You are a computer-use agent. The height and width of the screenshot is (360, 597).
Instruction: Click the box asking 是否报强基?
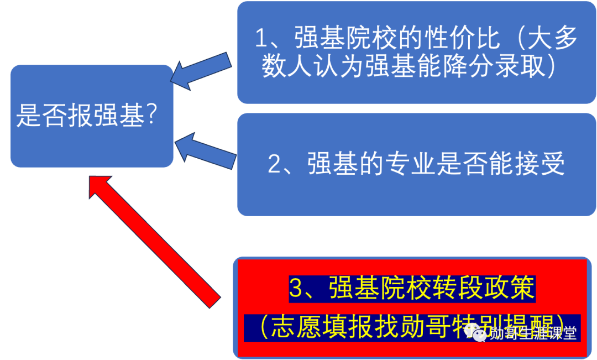pos(92,116)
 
